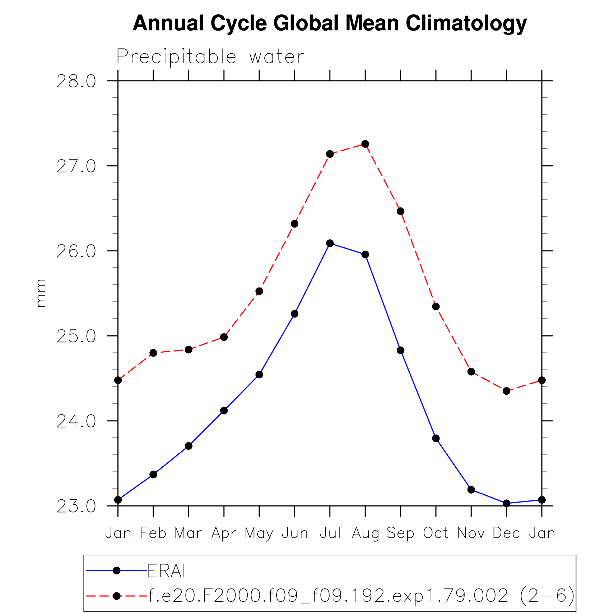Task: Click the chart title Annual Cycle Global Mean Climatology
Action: pyautogui.click(x=330, y=23)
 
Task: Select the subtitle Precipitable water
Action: pyautogui.click(x=210, y=57)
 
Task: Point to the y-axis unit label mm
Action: pyautogui.click(x=41, y=293)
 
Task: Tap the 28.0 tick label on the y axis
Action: pyautogui.click(x=76, y=82)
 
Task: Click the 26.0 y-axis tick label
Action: pyautogui.click(x=76, y=251)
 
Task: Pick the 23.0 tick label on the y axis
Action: pyautogui.click(x=76, y=506)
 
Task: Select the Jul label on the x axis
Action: pyautogui.click(x=330, y=533)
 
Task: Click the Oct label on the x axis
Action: pyautogui.click(x=436, y=533)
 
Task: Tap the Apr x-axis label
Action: pyautogui.click(x=224, y=533)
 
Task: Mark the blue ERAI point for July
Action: pyautogui.click(x=330, y=243)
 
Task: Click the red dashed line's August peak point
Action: pyautogui.click(x=365, y=144)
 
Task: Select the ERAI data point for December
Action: pyautogui.click(x=506, y=503)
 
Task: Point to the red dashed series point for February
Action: pyautogui.click(x=153, y=353)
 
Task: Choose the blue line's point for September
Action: pyautogui.click(x=400, y=350)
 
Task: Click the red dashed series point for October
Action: pyautogui.click(x=436, y=306)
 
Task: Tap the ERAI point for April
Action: pyautogui.click(x=224, y=410)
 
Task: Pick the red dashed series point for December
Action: pyautogui.click(x=506, y=391)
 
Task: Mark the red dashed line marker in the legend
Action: pyautogui.click(x=116, y=596)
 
